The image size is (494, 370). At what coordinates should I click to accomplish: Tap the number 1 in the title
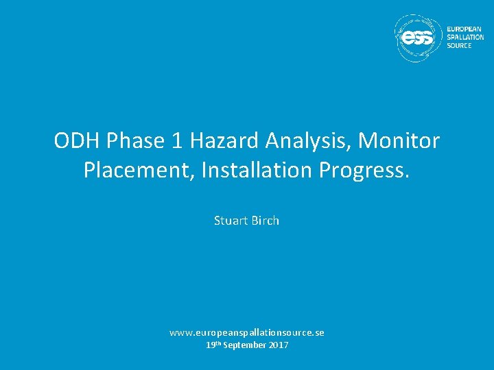tap(178, 142)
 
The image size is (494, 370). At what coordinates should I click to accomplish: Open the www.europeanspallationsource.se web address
tap(247, 332)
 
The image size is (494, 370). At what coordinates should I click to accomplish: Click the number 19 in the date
tap(211, 345)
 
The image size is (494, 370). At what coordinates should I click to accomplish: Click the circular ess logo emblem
tap(418, 38)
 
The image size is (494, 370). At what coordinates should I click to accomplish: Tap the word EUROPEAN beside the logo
tap(464, 29)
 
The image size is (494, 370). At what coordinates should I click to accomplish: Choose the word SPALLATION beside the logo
tap(464, 38)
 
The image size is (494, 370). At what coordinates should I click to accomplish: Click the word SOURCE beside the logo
tap(459, 46)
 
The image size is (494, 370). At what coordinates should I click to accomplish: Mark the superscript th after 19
tap(219, 343)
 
